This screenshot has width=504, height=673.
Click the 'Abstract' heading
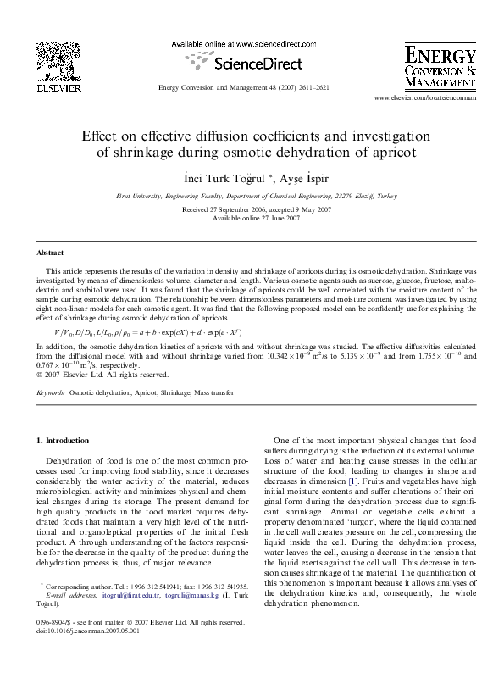(50, 253)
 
